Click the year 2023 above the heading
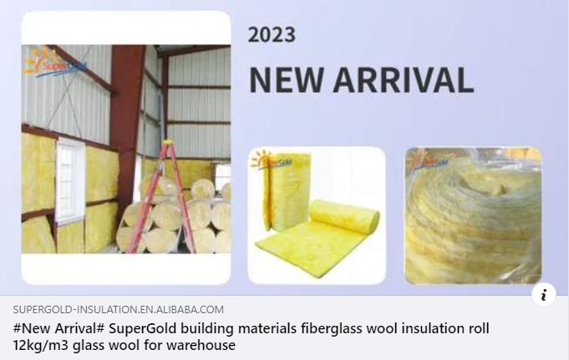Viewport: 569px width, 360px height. pos(272,34)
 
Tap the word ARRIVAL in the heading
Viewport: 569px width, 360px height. pos(408,79)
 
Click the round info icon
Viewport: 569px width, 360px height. pos(543,294)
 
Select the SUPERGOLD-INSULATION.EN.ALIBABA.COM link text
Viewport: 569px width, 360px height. pos(118,309)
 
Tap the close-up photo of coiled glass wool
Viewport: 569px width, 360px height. pos(473,215)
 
